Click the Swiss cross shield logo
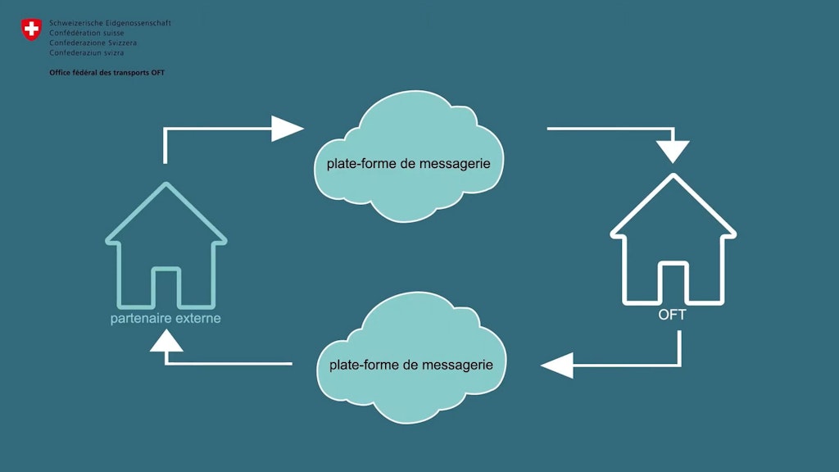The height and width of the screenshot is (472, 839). [x=31, y=30]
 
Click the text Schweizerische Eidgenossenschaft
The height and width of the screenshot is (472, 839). [x=110, y=23]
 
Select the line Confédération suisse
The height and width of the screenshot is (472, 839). [x=87, y=33]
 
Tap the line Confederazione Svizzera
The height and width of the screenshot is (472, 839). [x=93, y=43]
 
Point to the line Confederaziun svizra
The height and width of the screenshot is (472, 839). [x=87, y=52]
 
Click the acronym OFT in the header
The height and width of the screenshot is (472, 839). [x=159, y=72]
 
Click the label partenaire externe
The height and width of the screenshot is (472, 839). [x=166, y=318]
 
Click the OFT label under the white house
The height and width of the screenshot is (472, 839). [x=672, y=315]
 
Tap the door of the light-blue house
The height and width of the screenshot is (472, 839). [x=166, y=286]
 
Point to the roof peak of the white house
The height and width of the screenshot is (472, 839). [x=673, y=176]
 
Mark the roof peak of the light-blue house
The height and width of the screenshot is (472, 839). [x=166, y=185]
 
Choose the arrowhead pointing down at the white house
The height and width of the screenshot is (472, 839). [x=673, y=152]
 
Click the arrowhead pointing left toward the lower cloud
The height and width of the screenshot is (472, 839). [x=557, y=364]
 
